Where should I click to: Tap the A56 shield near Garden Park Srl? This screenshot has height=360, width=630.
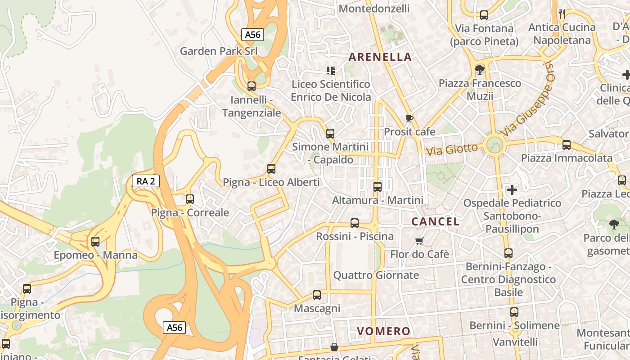click(252, 35)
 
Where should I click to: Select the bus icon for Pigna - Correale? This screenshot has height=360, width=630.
click(190, 199)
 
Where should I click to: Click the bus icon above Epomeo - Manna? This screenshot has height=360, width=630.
click(95, 242)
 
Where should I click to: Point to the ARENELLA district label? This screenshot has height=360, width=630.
click(380, 57)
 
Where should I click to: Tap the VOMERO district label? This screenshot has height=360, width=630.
click(384, 332)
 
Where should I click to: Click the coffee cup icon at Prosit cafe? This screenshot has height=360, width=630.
click(409, 118)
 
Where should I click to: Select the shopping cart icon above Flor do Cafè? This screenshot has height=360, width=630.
click(419, 241)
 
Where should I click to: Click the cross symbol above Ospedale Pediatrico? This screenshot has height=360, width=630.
click(512, 190)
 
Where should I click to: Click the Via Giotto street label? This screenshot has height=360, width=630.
click(452, 149)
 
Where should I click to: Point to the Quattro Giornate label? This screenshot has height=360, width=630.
click(376, 275)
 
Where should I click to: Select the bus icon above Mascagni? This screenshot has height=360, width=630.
click(317, 295)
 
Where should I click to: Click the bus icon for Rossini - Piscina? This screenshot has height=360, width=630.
click(355, 223)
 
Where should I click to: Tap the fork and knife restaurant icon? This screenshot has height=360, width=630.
click(562, 13)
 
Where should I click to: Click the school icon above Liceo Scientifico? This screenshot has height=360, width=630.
click(331, 71)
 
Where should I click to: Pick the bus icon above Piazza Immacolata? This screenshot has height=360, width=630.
click(567, 145)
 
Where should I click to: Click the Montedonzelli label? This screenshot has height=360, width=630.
click(374, 9)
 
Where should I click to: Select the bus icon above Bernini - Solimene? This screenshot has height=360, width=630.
click(514, 312)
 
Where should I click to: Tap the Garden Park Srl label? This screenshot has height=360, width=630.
click(219, 51)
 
